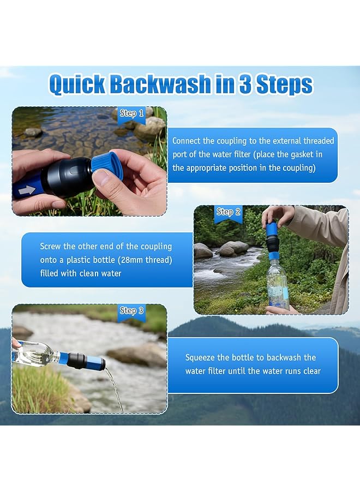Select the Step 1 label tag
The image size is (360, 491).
(131, 113)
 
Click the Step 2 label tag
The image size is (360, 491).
(229, 212)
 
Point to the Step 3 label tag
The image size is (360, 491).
(131, 310)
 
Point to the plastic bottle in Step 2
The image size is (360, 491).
(278, 284)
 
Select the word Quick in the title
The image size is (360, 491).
(77, 85)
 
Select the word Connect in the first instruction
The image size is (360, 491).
(189, 141)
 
